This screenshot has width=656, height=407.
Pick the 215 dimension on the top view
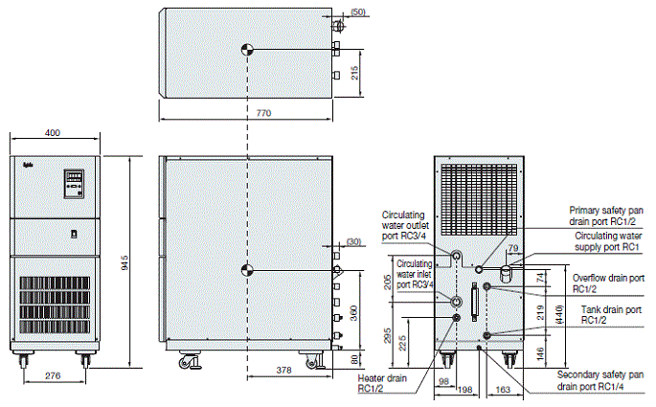pyautogui.click(x=355, y=74)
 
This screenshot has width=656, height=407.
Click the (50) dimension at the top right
pyautogui.click(x=358, y=11)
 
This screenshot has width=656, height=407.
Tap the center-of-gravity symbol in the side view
pyautogui.click(x=248, y=270)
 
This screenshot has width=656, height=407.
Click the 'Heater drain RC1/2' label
pyautogui.click(x=375, y=383)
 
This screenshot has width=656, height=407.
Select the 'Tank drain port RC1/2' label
pyautogui.click(x=610, y=316)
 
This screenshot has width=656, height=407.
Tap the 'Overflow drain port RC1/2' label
pyautogui.click(x=608, y=283)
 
